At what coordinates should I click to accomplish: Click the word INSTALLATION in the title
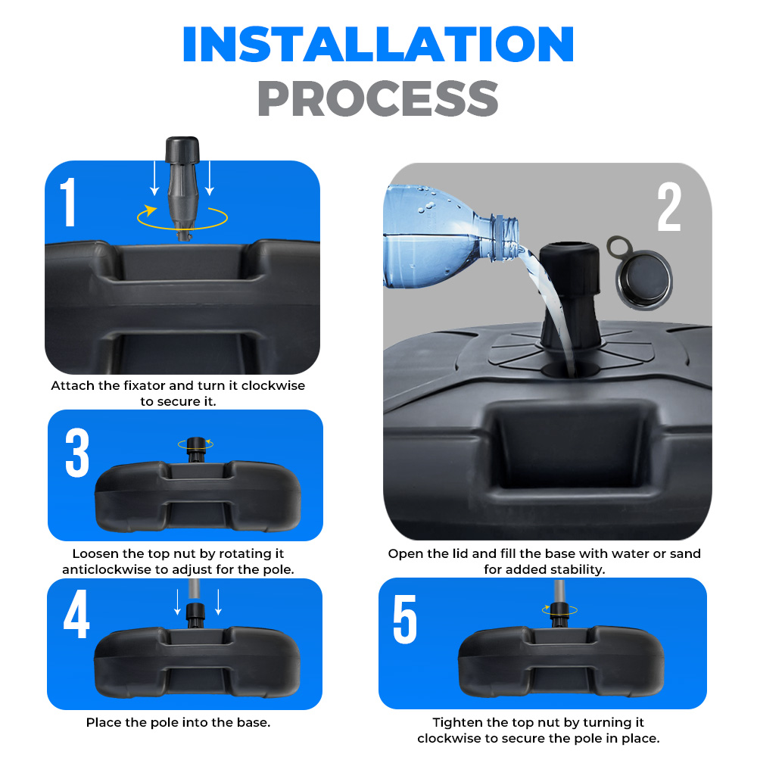[378, 44]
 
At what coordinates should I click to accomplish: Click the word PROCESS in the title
[378, 98]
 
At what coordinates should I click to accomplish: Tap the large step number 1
[69, 202]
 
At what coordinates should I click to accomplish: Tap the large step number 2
[669, 207]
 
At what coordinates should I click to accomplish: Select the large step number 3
[77, 453]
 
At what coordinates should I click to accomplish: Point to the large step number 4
[76, 614]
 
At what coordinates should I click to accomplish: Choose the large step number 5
[404, 619]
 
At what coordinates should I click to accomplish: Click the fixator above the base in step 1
[182, 188]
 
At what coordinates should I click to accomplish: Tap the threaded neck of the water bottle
[505, 238]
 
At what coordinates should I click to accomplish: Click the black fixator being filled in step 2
[570, 295]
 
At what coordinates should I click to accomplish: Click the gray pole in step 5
[559, 591]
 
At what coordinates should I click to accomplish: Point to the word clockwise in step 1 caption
[273, 386]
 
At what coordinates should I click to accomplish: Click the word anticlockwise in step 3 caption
[103, 570]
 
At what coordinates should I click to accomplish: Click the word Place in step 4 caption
[104, 723]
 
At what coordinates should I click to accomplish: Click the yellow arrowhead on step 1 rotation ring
[151, 210]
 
